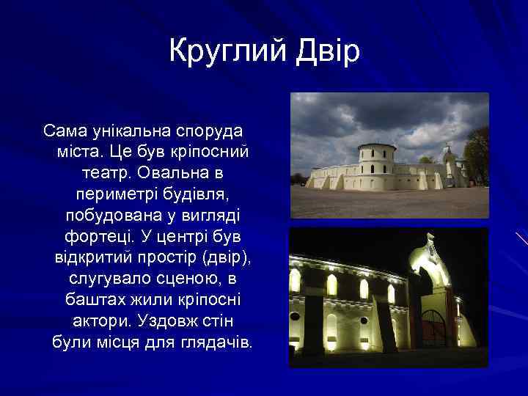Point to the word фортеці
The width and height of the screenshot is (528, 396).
click(x=93, y=238)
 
